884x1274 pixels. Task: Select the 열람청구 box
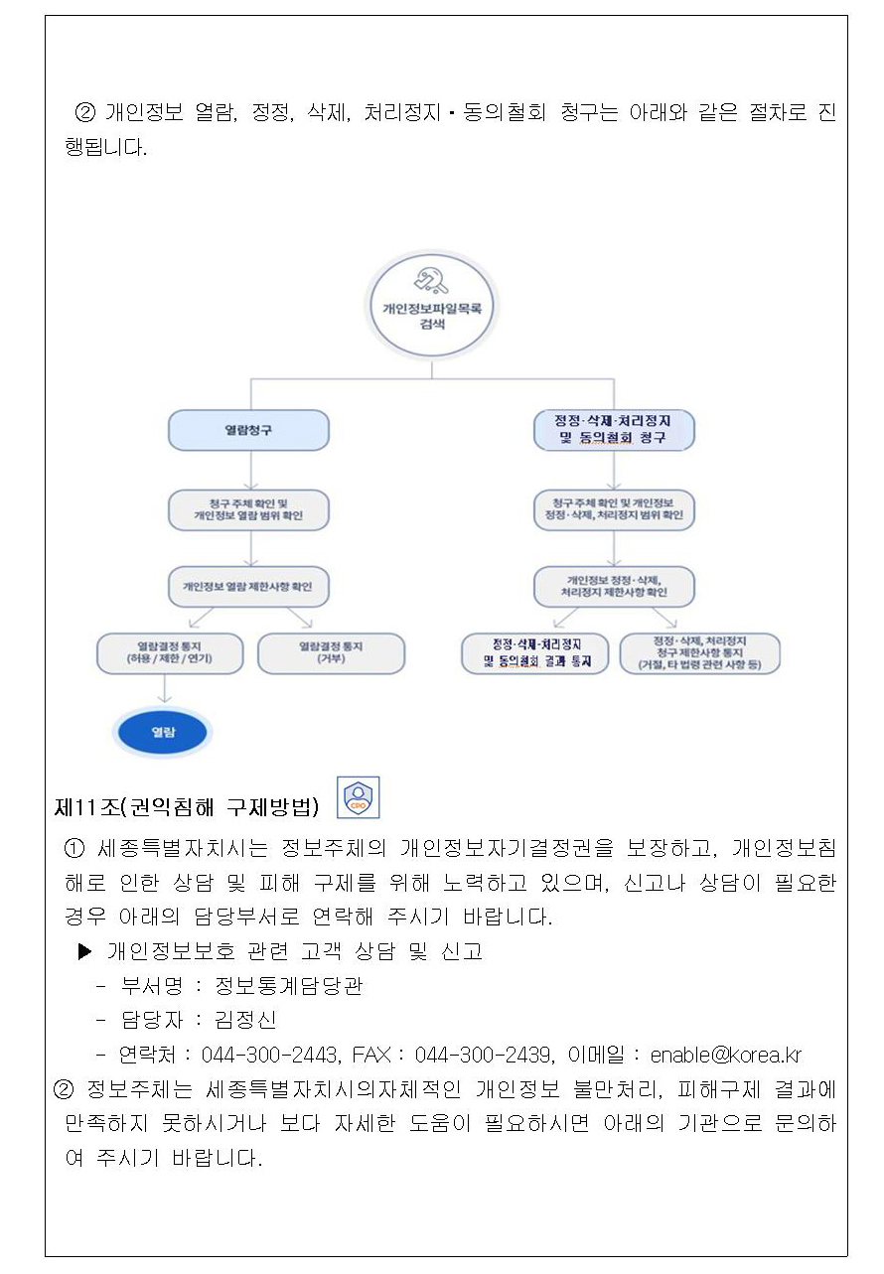(x=248, y=430)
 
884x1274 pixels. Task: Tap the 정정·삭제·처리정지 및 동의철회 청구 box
(x=613, y=430)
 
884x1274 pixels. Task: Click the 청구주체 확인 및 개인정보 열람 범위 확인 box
(x=248, y=509)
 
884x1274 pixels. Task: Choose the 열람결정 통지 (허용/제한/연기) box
(x=170, y=652)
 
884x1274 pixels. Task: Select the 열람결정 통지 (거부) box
(x=331, y=652)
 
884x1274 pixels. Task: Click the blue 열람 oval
(x=162, y=733)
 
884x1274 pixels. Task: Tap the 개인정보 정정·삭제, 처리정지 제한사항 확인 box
(x=613, y=586)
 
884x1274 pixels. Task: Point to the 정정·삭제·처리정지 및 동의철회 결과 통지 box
(x=536, y=652)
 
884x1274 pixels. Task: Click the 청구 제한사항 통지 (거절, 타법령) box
(x=699, y=652)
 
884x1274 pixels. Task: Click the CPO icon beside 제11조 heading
(x=357, y=798)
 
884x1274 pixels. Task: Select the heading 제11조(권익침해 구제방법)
(x=187, y=807)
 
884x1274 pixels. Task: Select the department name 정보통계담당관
(x=289, y=985)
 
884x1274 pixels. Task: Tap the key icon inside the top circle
(x=432, y=281)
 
